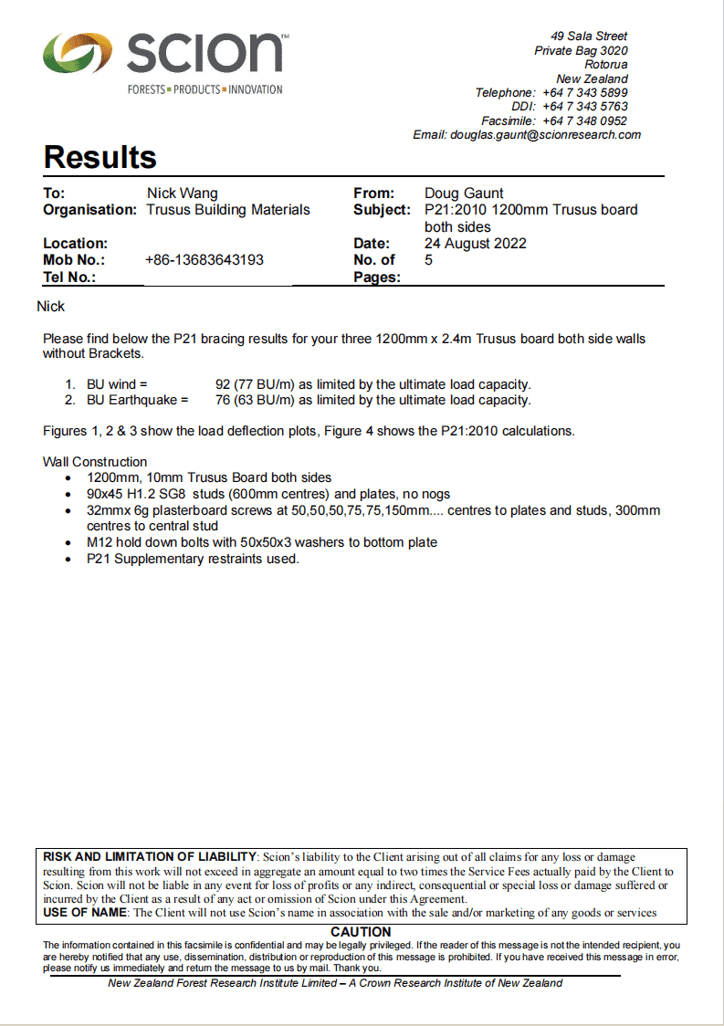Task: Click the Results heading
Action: pos(100,157)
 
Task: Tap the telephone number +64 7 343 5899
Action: pos(584,93)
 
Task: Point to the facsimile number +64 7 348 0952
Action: pos(584,120)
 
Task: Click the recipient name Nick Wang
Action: pos(183,194)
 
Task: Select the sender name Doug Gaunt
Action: pos(464,194)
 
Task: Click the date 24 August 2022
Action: pos(475,244)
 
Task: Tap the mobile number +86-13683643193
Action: pos(205,260)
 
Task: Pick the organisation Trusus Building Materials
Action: pos(228,210)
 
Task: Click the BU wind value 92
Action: pos(223,384)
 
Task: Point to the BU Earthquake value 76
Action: pos(223,400)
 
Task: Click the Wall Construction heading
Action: pos(95,462)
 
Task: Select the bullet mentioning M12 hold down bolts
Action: pos(262,542)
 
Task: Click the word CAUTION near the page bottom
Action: pos(361,932)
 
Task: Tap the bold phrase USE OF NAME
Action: pos(87,912)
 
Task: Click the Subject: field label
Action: pos(382,210)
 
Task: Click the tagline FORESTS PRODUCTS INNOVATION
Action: pos(205,89)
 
